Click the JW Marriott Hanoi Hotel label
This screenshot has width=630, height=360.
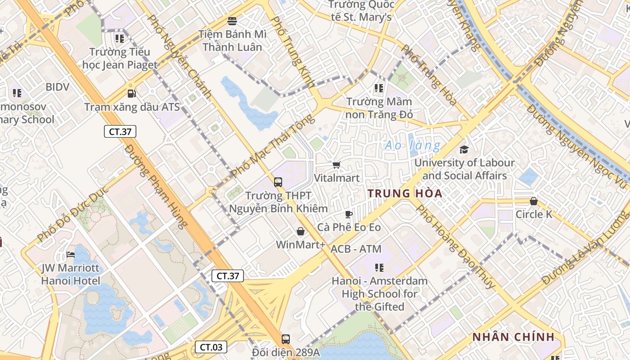[71, 274]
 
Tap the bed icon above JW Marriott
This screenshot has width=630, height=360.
[71, 255]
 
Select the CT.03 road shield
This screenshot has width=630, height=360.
[211, 347]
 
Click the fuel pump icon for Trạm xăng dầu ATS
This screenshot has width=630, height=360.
[131, 94]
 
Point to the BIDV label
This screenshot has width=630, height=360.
[58, 87]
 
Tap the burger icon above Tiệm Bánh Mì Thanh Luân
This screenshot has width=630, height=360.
[232, 21]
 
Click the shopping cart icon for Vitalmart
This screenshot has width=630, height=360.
[337, 165]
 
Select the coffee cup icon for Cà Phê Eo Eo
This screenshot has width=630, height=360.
[348, 214]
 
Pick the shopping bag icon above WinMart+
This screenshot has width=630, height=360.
[301, 231]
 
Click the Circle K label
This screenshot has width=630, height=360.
[534, 214]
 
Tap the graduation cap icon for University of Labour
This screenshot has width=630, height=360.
[464, 149]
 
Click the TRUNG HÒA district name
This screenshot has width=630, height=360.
[405, 193]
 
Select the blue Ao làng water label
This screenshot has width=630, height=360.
[413, 145]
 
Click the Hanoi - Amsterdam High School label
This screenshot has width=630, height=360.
[379, 293]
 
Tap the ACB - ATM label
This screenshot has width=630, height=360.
[356, 249]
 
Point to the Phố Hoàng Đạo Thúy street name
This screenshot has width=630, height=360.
[455, 247]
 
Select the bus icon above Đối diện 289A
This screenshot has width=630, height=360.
[285, 339]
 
